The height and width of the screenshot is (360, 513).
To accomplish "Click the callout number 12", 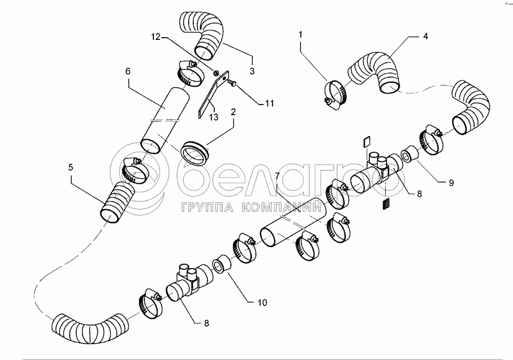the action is point(156,37).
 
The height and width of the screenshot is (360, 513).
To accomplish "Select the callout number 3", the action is point(252,71).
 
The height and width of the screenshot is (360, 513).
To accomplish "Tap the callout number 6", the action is point(128,71).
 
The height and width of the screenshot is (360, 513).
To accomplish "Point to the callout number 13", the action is point(214,116).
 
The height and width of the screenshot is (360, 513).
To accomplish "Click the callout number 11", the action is point(269,103).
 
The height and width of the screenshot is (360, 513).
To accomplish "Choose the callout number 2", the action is point(233,112).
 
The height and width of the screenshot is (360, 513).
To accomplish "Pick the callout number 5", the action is point(71,168).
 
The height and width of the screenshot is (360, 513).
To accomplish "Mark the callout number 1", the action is point(300,34).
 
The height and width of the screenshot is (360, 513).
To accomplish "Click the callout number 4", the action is point(425,37).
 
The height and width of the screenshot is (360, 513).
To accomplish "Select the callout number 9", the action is point(451,183).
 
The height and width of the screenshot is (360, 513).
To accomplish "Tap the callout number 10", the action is point(262,302).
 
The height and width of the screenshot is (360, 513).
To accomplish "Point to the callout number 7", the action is point(278,176).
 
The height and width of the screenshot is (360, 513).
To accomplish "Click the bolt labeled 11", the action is point(231,83).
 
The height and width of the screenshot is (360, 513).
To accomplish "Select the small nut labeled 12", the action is point(216,72).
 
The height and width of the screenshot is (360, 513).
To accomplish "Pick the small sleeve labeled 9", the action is point(410,154).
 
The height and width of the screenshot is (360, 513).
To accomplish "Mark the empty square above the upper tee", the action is point(367,142).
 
